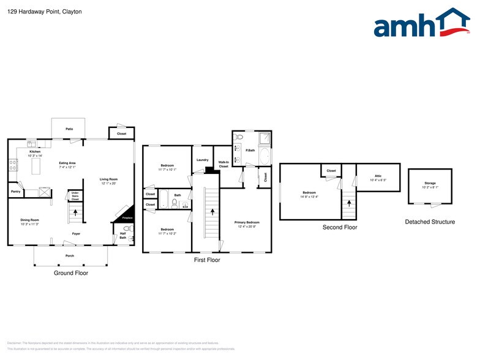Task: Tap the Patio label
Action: tap(69, 129)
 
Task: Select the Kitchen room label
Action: tap(35, 152)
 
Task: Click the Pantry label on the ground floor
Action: tap(16, 192)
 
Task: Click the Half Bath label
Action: tap(123, 236)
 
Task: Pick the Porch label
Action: tap(70, 255)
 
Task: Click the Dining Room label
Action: tap(29, 220)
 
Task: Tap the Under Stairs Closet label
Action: tap(75, 197)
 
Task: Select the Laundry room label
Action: tap(202, 160)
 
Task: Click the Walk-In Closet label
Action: tap(223, 165)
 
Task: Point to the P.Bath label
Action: tap(250, 151)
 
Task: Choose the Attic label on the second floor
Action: tap(377, 178)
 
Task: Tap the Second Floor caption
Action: tap(340, 227)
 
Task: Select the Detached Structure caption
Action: tap(430, 222)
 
